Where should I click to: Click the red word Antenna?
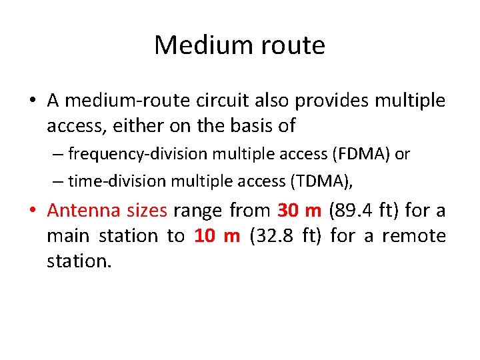click(82, 211)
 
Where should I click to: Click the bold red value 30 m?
click(299, 211)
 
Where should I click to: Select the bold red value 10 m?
click(217, 236)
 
